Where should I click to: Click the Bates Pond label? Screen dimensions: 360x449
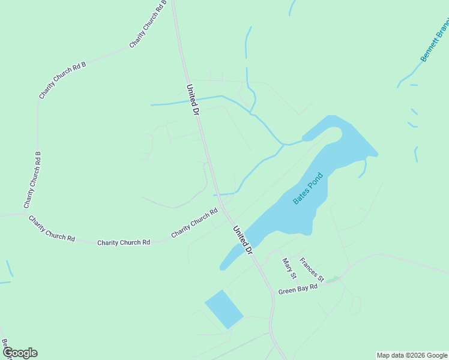click(308, 188)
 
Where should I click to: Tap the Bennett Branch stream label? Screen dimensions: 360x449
click(435, 43)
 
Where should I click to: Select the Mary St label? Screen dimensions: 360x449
click(289, 269)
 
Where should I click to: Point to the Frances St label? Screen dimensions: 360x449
click(312, 270)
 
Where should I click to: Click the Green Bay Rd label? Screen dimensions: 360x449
click(297, 289)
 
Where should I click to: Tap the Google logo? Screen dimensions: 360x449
click(20, 353)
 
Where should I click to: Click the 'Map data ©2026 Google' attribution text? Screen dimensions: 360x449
click(412, 355)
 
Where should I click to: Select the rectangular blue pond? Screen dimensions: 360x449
click(224, 309)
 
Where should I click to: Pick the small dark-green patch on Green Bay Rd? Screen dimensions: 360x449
click(332, 280)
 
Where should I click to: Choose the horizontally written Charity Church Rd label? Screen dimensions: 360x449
click(124, 242)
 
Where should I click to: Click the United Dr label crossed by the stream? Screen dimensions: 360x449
click(192, 100)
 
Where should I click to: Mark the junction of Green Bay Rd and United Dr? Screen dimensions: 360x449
click(272, 293)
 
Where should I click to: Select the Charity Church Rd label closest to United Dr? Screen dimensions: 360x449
click(194, 223)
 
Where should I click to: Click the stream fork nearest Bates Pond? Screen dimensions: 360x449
click(283, 145)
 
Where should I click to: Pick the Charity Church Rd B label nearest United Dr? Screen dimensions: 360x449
click(148, 24)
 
